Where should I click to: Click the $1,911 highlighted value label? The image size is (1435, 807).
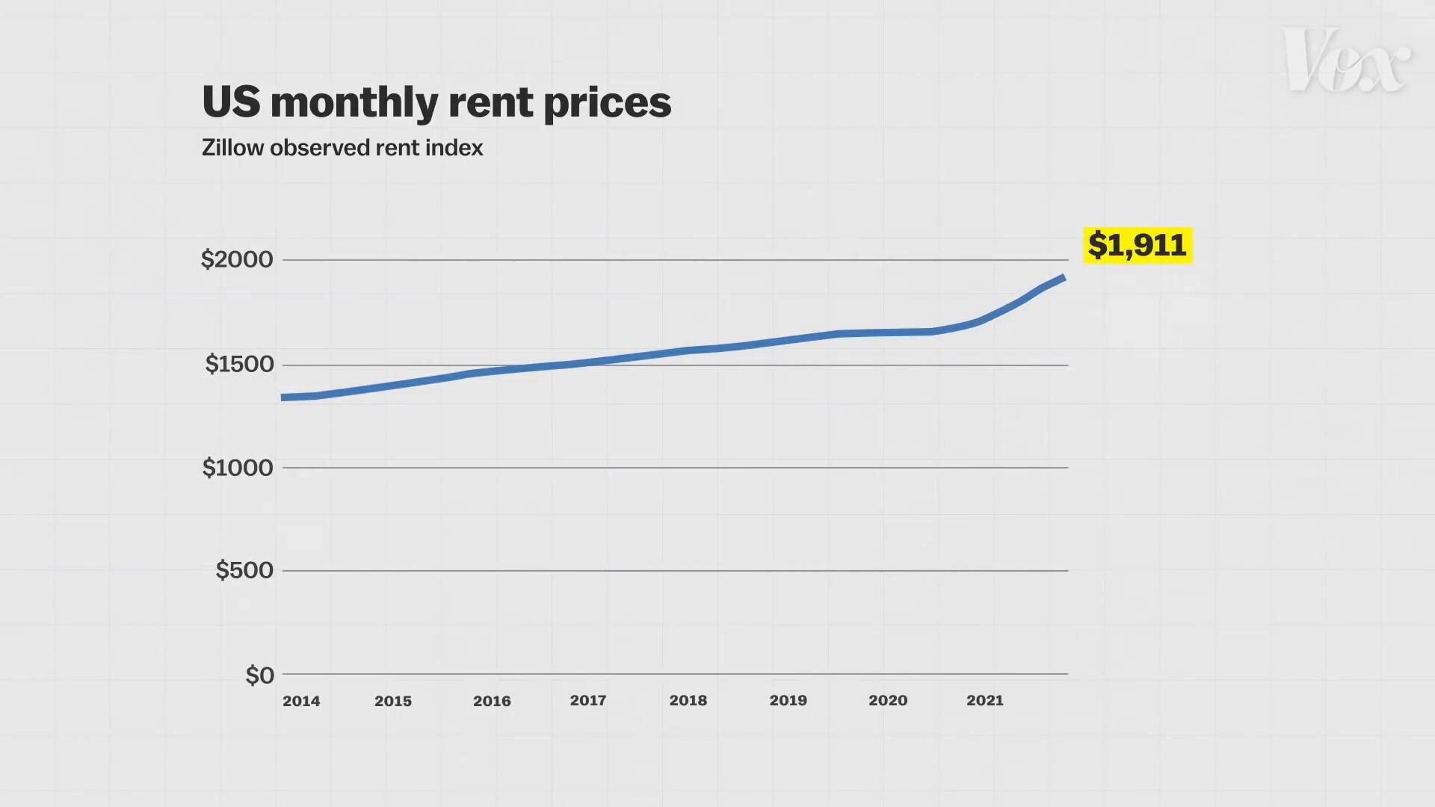tap(1137, 245)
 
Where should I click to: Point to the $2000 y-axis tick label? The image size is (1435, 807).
tap(237, 259)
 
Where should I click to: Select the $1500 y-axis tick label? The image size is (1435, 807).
tap(239, 364)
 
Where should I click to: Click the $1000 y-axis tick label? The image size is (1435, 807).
tap(238, 468)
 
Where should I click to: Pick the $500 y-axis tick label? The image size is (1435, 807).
tap(244, 570)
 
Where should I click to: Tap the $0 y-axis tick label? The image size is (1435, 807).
tap(259, 675)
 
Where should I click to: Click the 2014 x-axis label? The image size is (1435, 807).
tap(301, 701)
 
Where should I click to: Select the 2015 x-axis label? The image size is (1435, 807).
tap(393, 701)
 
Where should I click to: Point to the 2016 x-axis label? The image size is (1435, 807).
tap(492, 701)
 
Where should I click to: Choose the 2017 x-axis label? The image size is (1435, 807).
tap(588, 700)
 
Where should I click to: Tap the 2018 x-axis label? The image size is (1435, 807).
tap(688, 700)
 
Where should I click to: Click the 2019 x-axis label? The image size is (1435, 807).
tap(789, 700)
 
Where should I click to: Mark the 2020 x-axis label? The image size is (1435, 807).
tap(888, 700)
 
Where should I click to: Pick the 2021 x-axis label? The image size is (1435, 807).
tap(985, 700)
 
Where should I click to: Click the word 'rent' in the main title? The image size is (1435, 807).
tap(490, 102)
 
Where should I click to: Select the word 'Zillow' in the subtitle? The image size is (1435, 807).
tap(232, 147)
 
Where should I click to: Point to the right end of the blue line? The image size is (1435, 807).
tap(1064, 278)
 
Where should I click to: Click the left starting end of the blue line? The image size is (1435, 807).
tap(283, 398)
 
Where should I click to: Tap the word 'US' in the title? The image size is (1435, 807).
tap(231, 102)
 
